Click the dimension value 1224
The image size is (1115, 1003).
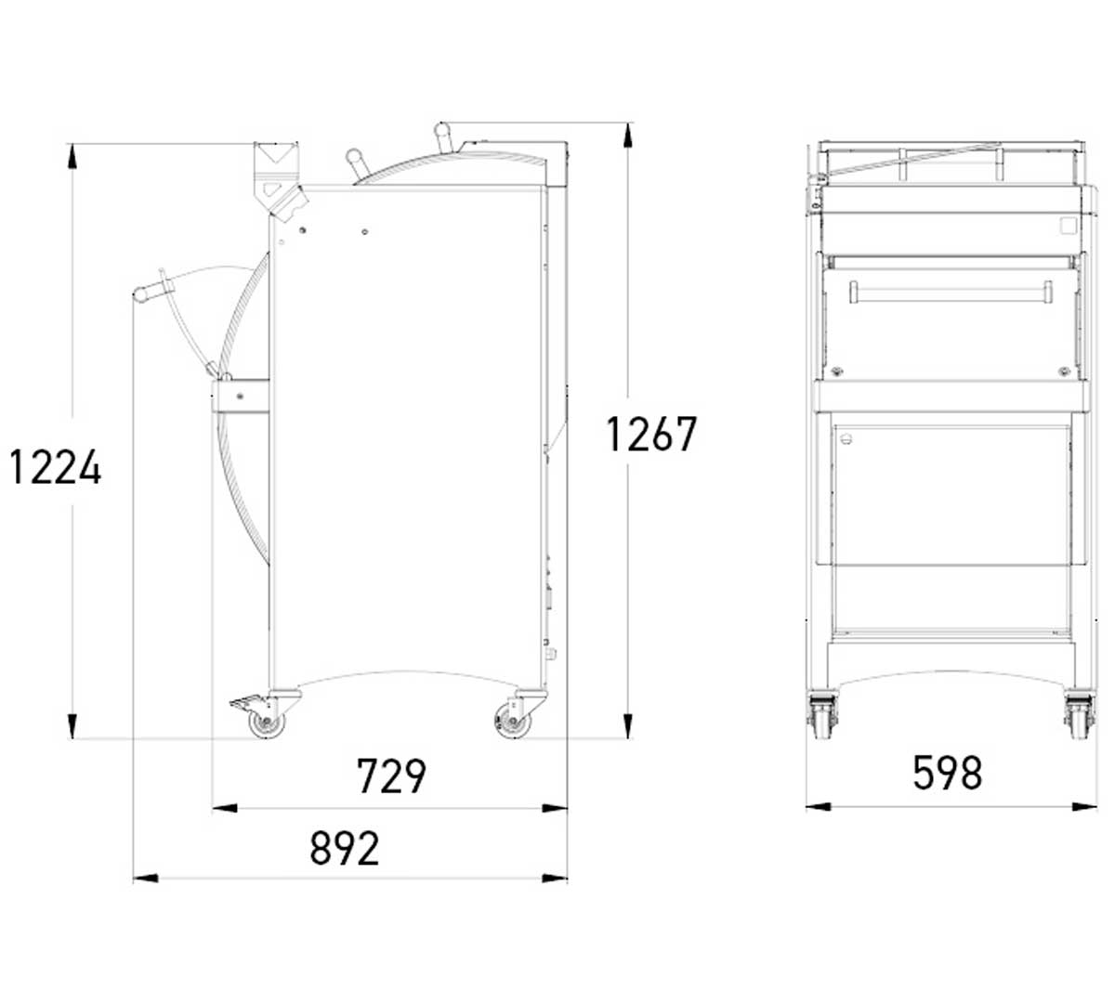(56, 467)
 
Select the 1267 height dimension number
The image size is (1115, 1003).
(650, 434)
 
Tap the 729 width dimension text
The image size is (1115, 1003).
(391, 775)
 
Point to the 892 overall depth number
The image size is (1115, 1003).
(345, 847)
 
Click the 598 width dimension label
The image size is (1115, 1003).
(947, 773)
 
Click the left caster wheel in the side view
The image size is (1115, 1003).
(266, 723)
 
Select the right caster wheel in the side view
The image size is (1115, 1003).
(511, 722)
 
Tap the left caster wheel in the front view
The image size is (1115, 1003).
(822, 719)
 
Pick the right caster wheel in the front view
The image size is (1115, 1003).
(1080, 719)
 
